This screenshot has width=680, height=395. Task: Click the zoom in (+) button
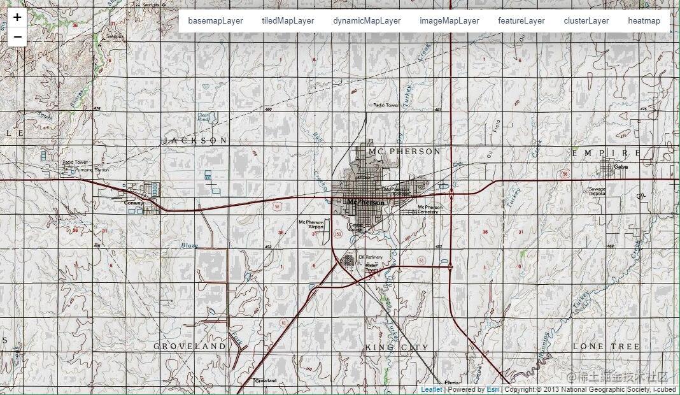point(17,18)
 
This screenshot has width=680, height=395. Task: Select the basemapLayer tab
point(215,20)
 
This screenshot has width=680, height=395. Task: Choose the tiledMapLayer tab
point(288,20)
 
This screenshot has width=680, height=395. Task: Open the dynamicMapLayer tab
point(367,20)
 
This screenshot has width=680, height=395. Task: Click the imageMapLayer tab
point(449,20)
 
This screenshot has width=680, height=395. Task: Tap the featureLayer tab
point(521,20)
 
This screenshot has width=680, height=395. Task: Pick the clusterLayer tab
point(586,20)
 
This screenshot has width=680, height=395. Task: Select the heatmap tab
point(644,20)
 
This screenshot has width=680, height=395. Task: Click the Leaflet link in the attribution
point(431,389)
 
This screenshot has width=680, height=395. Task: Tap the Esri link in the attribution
point(493,389)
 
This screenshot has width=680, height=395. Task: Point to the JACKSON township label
point(195,140)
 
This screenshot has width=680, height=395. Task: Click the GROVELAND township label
point(190,346)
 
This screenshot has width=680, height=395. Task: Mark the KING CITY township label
point(397,347)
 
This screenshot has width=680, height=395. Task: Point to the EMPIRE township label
point(606,153)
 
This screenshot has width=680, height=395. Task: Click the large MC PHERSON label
point(404,152)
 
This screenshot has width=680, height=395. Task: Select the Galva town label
point(621,167)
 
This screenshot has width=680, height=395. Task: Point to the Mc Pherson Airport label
point(311,224)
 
